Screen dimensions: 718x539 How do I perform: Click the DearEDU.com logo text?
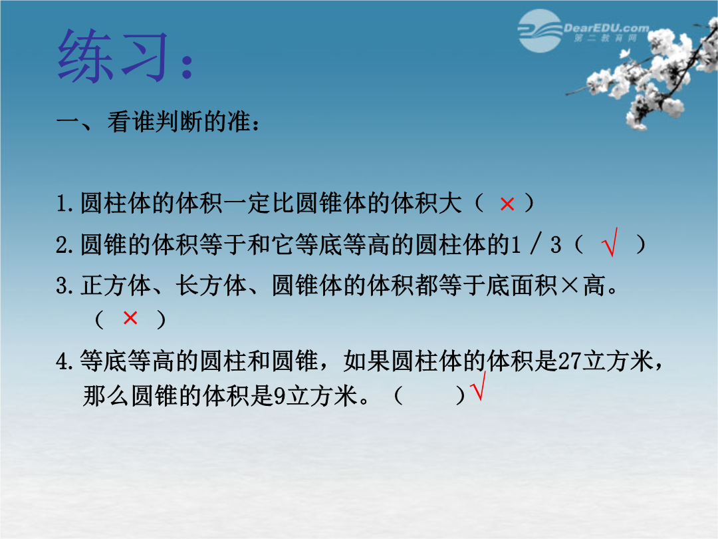point(606,28)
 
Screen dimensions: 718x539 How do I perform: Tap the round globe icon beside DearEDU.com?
point(540,31)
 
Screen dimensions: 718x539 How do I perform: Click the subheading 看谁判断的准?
point(179,122)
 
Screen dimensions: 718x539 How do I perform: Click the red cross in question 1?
point(507,204)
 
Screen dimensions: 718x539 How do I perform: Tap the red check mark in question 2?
point(610,242)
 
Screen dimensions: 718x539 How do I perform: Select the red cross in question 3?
point(130,317)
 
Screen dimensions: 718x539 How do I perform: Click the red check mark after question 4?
point(478,386)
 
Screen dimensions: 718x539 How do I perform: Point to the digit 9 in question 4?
point(279,396)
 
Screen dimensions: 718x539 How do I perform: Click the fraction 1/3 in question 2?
point(536,244)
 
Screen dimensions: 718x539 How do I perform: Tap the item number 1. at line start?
point(64,204)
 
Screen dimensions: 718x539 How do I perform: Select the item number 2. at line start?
point(64,245)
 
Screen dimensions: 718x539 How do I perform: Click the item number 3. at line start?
point(64,285)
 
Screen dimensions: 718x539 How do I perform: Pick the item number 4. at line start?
point(64,361)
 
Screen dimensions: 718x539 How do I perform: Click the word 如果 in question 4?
point(367,361)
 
